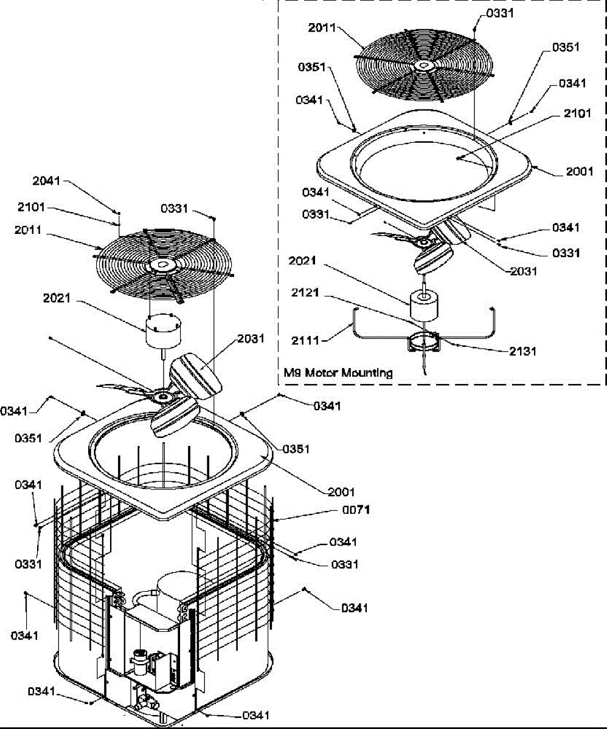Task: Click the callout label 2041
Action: (47, 181)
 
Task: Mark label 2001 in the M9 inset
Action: (578, 172)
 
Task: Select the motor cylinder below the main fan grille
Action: (161, 331)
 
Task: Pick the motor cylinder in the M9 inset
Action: (423, 304)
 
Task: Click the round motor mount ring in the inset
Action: (423, 343)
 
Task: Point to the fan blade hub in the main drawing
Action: (162, 397)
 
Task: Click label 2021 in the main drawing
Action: (57, 298)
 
